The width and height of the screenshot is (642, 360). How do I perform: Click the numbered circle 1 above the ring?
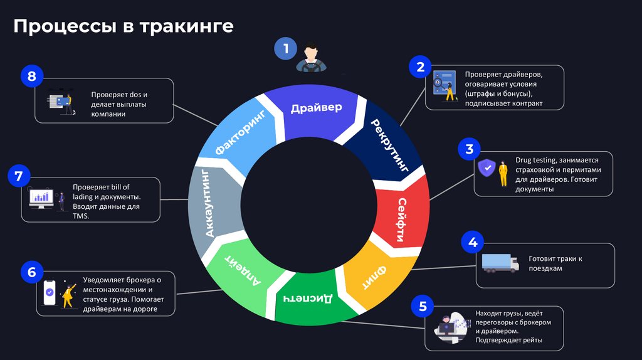click(x=286, y=48)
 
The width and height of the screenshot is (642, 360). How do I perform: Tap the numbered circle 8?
click(x=32, y=77)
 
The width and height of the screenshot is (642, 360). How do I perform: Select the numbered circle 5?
click(x=423, y=306)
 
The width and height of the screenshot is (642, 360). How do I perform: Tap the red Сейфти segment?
click(x=402, y=217)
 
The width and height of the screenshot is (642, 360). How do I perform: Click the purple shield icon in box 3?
click(x=485, y=168)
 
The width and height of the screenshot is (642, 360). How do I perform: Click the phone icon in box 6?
click(x=50, y=292)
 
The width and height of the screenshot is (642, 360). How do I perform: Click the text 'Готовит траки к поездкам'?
click(x=555, y=263)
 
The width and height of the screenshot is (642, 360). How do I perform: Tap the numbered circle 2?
click(x=420, y=66)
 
